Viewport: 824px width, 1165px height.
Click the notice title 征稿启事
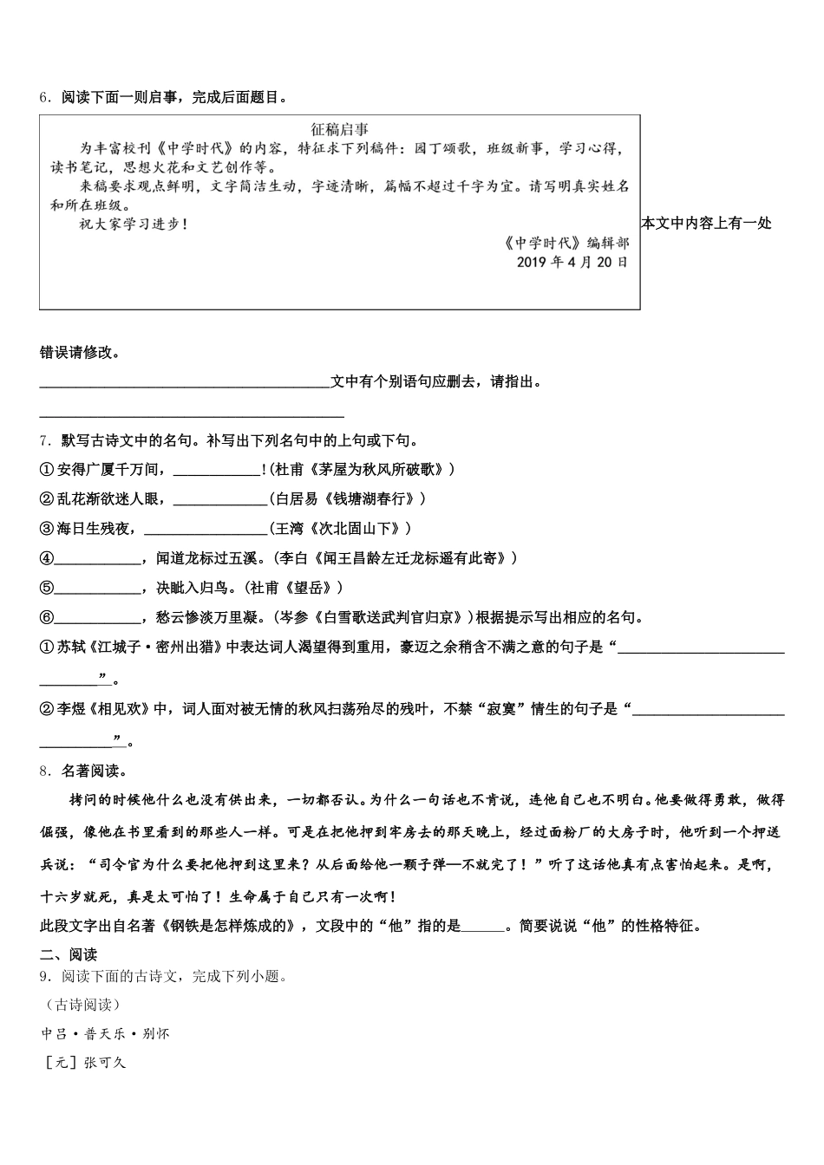(x=340, y=129)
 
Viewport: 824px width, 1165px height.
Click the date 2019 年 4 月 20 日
(x=572, y=262)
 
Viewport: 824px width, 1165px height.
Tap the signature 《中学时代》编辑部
(x=566, y=243)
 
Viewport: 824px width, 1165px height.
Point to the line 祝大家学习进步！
(x=133, y=224)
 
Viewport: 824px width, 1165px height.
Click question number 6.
(x=45, y=98)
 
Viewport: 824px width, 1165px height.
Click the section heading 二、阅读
(x=69, y=954)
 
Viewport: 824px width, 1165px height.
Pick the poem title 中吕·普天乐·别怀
(x=106, y=1034)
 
